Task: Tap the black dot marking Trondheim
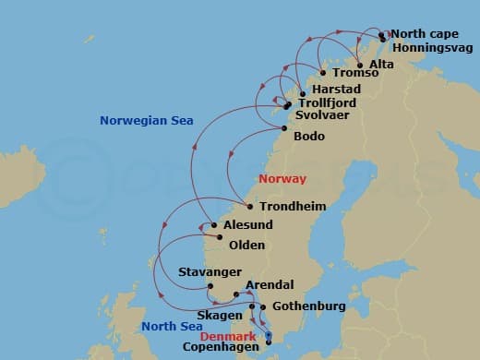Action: [x=250, y=206]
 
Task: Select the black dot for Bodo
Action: [x=283, y=137]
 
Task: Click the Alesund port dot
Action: [x=213, y=225]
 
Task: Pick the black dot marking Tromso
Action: [x=322, y=73]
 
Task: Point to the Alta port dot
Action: [x=360, y=66]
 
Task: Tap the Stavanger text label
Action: [x=210, y=272]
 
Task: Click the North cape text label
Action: [x=420, y=33]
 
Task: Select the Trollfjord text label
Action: [x=329, y=103]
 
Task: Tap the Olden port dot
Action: [x=220, y=237]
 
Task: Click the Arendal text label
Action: [x=270, y=285]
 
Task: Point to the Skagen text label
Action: [x=222, y=315]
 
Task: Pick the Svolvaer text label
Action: [x=323, y=116]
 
